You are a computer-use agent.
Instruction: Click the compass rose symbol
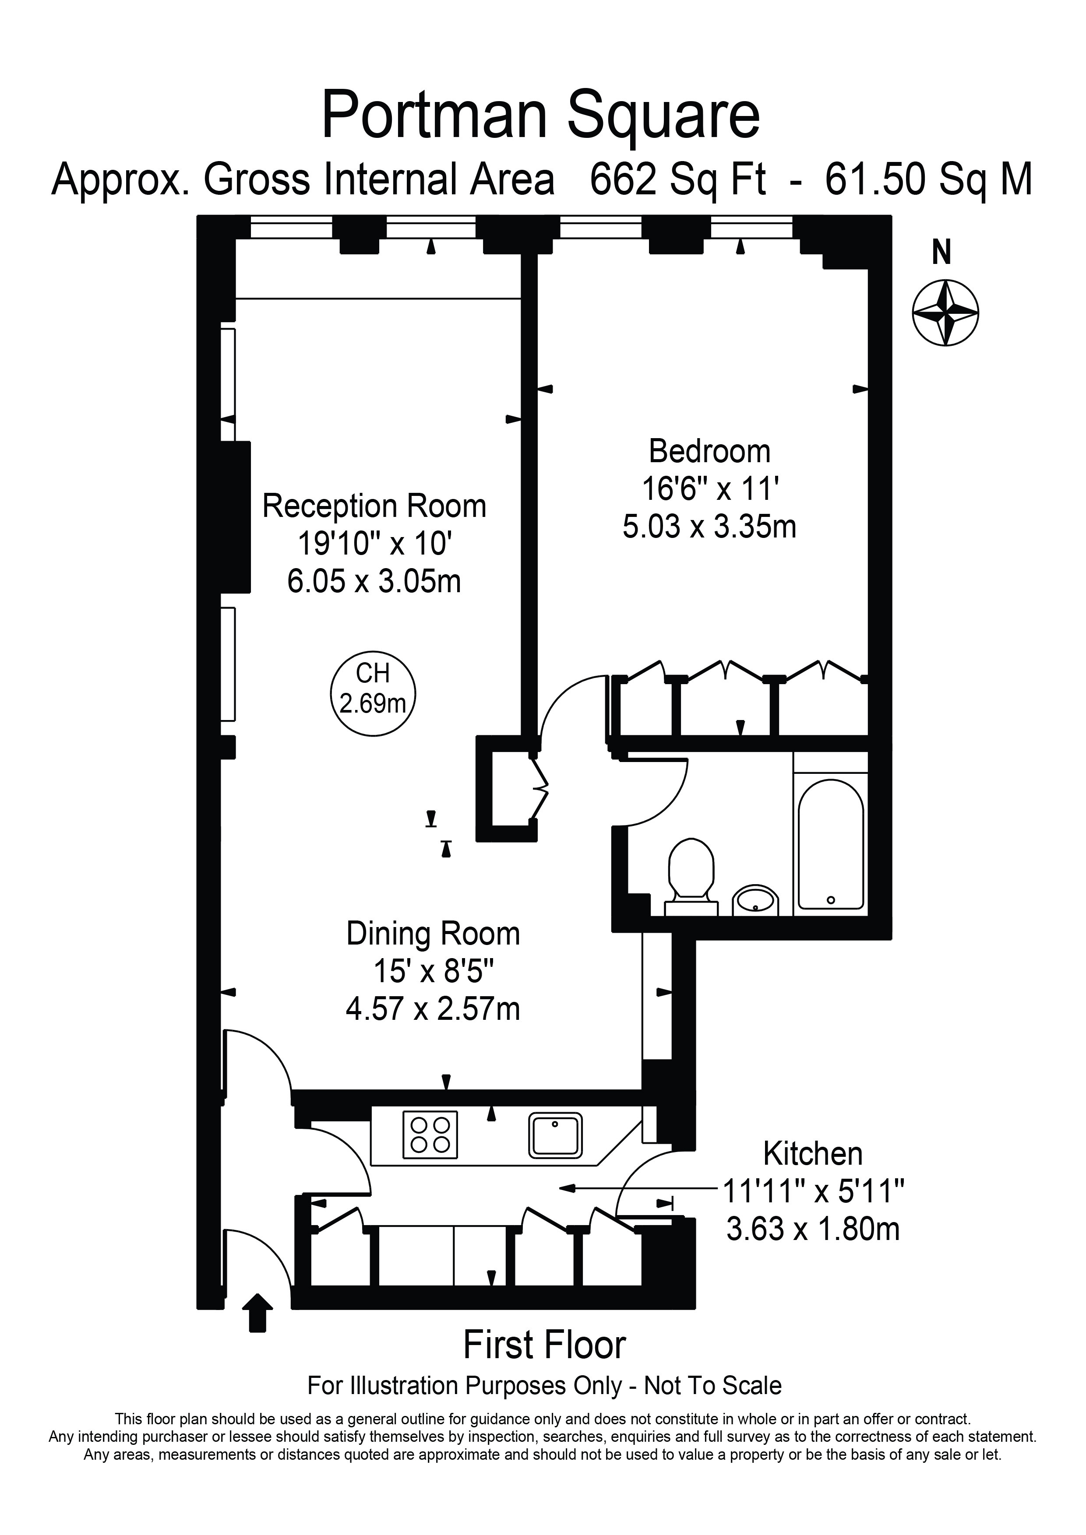(x=945, y=313)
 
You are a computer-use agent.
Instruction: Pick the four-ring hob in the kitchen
(x=430, y=1135)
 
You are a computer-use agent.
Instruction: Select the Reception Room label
(x=374, y=506)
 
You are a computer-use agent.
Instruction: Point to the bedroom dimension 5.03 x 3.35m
(x=709, y=527)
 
